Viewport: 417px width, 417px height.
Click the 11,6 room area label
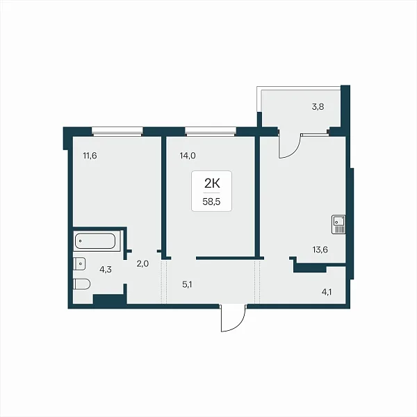(90, 156)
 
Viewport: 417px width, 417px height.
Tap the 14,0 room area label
(188, 156)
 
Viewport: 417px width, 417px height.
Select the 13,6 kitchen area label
(320, 250)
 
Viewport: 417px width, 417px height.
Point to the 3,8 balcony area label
(318, 107)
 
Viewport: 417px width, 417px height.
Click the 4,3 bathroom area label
(106, 270)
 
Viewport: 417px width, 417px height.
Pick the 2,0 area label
(142, 264)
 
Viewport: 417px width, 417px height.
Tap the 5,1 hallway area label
(187, 285)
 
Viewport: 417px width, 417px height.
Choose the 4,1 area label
(327, 293)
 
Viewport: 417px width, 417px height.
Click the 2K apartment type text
(212, 183)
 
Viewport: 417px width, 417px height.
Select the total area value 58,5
(211, 202)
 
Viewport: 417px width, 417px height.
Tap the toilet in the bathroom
(82, 284)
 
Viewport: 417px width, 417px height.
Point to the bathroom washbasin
(79, 264)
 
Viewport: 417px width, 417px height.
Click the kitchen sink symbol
(338, 224)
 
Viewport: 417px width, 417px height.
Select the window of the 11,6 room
(117, 131)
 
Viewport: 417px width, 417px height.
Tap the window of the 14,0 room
(211, 131)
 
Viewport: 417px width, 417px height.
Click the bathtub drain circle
(80, 241)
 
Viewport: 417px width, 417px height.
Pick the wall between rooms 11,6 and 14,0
(164, 197)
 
